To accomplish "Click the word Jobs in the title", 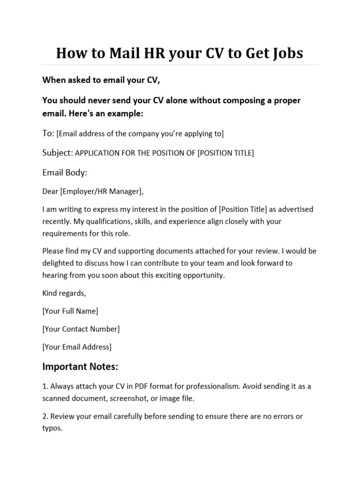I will [x=285, y=53].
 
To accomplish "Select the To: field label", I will [x=49, y=134].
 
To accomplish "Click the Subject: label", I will [x=58, y=153].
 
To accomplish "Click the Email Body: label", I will [x=65, y=172].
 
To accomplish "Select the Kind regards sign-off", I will [x=64, y=293].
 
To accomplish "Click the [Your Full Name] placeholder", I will [x=70, y=311].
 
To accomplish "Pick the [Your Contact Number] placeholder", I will [x=81, y=329].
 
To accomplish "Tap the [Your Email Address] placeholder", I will [x=77, y=347].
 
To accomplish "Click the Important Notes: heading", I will [x=80, y=366].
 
